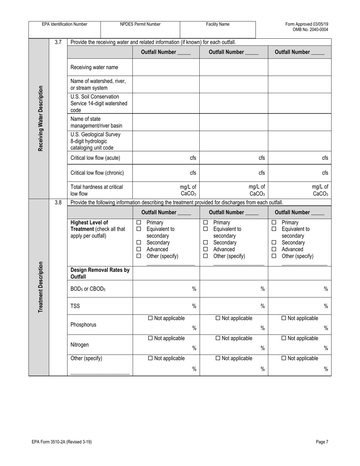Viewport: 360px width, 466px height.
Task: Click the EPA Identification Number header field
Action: [64, 29]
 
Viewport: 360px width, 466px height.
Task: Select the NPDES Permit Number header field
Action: [140, 29]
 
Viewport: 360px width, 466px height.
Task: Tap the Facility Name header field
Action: [218, 29]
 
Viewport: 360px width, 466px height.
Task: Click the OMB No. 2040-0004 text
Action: [310, 30]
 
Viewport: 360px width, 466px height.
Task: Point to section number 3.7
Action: [58, 42]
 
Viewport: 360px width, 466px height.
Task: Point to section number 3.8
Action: [58, 202]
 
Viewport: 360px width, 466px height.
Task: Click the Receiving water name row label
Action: [94, 67]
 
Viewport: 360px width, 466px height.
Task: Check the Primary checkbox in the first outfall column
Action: [139, 222]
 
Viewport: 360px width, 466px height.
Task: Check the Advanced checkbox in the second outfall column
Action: [206, 249]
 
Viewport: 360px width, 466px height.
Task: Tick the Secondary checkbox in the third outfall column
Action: [274, 242]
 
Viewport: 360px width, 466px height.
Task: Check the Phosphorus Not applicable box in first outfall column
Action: [150, 318]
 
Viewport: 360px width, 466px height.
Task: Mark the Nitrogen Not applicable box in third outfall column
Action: [283, 338]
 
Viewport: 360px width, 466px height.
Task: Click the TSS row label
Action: [75, 306]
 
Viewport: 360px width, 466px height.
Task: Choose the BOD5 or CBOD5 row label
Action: [88, 289]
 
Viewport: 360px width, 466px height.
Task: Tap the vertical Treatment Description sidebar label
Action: [40, 287]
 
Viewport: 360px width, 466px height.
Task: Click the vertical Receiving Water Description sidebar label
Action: [40, 118]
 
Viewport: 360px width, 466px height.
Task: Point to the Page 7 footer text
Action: [322, 442]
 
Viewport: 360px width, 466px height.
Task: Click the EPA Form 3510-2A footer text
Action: [62, 442]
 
